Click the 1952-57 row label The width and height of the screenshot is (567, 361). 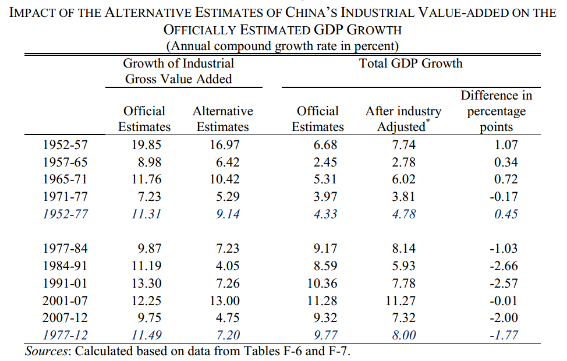click(x=65, y=144)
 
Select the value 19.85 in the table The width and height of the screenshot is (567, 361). click(x=146, y=144)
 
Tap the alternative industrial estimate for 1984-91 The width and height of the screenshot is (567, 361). click(x=228, y=266)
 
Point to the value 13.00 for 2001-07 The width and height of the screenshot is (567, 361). click(x=224, y=300)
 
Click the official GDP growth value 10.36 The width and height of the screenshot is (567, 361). click(x=322, y=283)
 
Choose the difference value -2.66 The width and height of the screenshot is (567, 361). click(x=504, y=266)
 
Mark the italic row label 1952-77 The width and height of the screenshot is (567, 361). click(x=65, y=214)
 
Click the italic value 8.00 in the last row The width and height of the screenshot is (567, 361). click(x=404, y=335)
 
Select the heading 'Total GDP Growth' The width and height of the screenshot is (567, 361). click(x=411, y=63)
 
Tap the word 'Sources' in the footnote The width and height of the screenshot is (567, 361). click(x=47, y=351)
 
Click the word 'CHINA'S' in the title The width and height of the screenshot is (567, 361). click(x=311, y=13)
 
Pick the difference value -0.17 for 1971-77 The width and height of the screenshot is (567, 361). click(x=504, y=196)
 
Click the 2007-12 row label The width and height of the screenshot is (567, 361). click(x=65, y=317)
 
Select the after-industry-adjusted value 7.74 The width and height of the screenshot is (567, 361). click(x=404, y=144)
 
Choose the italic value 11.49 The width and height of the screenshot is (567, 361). click(x=146, y=335)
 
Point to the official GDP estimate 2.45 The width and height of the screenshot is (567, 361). click(x=325, y=162)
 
